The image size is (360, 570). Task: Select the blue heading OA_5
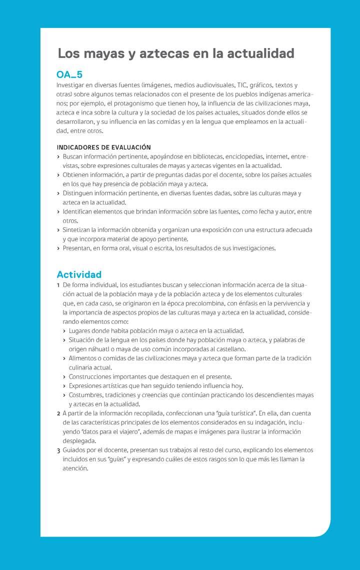(x=69, y=74)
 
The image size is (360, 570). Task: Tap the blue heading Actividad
(x=79, y=274)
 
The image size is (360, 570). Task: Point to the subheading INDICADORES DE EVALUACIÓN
(x=103, y=147)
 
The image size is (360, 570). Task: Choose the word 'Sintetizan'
(x=77, y=230)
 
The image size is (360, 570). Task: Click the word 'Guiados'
(x=74, y=450)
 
